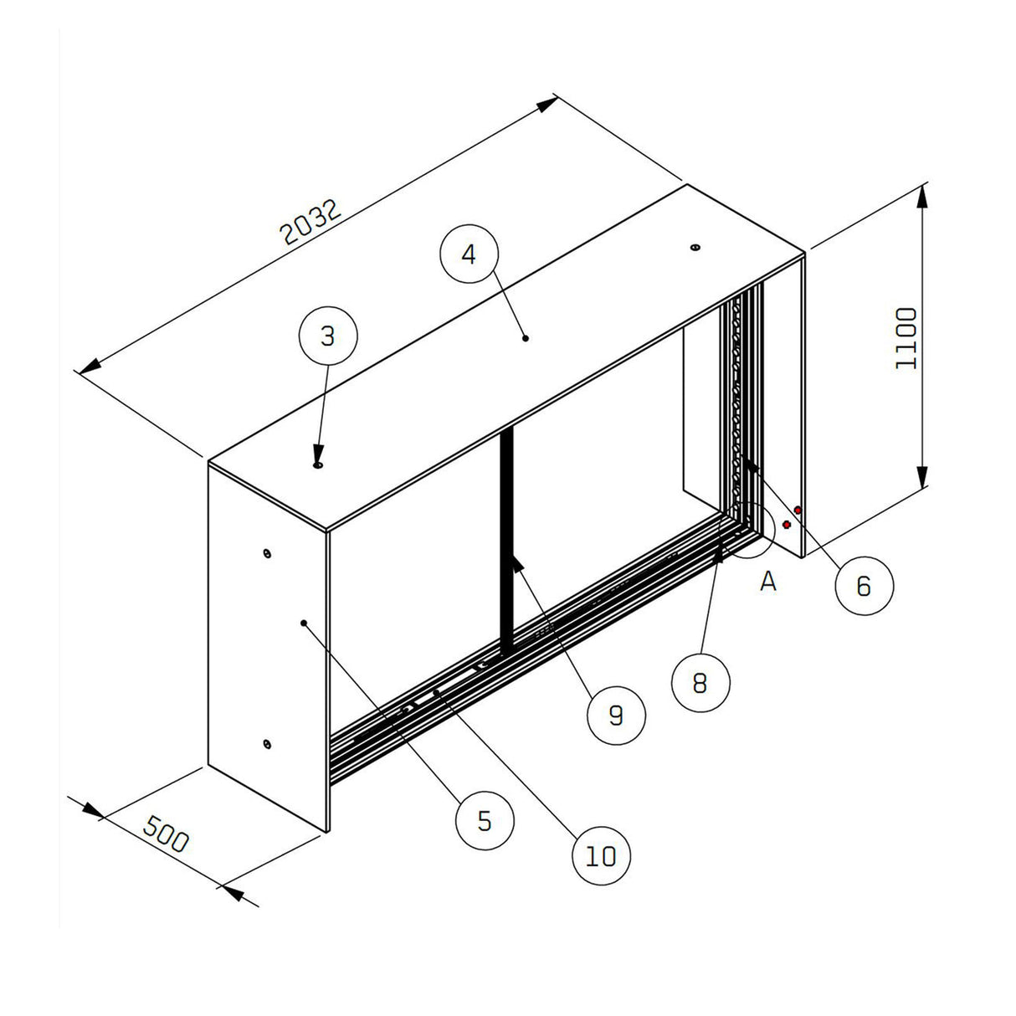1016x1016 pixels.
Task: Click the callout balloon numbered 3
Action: [328, 336]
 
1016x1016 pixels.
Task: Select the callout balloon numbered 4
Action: [469, 254]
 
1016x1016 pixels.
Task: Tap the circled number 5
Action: [485, 821]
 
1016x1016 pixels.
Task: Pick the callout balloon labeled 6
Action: [864, 585]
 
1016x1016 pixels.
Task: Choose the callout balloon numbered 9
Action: [616, 715]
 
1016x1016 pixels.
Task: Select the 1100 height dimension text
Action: [907, 338]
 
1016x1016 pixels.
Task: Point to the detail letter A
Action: [768, 581]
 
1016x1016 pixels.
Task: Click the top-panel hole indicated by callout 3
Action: [318, 464]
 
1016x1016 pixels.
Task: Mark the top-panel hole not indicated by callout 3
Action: [694, 248]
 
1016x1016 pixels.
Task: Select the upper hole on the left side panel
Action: [266, 552]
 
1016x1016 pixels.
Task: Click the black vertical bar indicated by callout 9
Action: [505, 544]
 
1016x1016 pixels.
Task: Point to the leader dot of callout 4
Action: [526, 338]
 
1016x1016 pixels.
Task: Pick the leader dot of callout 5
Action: [303, 623]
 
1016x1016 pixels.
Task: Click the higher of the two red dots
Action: [798, 510]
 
